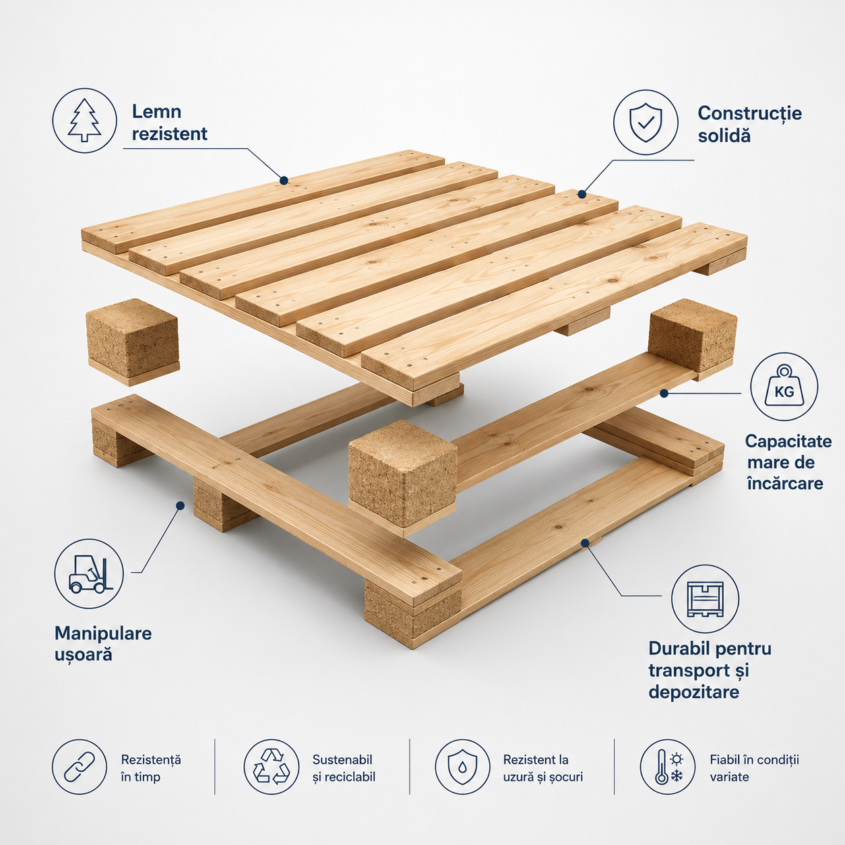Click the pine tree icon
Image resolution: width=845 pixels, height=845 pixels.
click(x=85, y=121)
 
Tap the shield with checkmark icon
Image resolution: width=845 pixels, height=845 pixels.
click(x=646, y=123)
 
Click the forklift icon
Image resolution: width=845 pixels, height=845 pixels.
click(x=89, y=573)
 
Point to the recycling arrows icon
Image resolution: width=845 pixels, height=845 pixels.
click(x=272, y=767)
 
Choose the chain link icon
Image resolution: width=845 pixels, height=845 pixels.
click(x=80, y=767)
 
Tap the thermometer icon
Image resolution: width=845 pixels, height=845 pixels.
click(x=662, y=767)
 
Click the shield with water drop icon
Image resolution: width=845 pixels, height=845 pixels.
click(x=462, y=767)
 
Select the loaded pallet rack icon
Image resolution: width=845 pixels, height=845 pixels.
click(x=705, y=599)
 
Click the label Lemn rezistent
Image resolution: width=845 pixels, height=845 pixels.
click(x=169, y=123)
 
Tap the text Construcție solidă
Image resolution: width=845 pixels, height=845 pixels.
click(x=750, y=125)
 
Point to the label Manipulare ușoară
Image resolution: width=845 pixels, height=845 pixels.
click(x=103, y=644)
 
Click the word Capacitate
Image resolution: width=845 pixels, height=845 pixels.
click(x=788, y=441)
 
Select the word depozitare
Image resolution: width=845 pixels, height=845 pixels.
click(x=693, y=692)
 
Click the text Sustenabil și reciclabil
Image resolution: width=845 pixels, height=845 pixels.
click(x=344, y=768)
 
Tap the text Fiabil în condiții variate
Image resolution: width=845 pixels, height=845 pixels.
click(x=754, y=768)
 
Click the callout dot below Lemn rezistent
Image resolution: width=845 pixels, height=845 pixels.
click(x=284, y=180)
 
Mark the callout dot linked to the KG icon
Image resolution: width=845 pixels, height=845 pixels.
click(x=664, y=394)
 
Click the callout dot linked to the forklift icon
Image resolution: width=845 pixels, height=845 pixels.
click(x=180, y=505)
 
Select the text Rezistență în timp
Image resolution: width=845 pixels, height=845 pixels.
click(x=151, y=768)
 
